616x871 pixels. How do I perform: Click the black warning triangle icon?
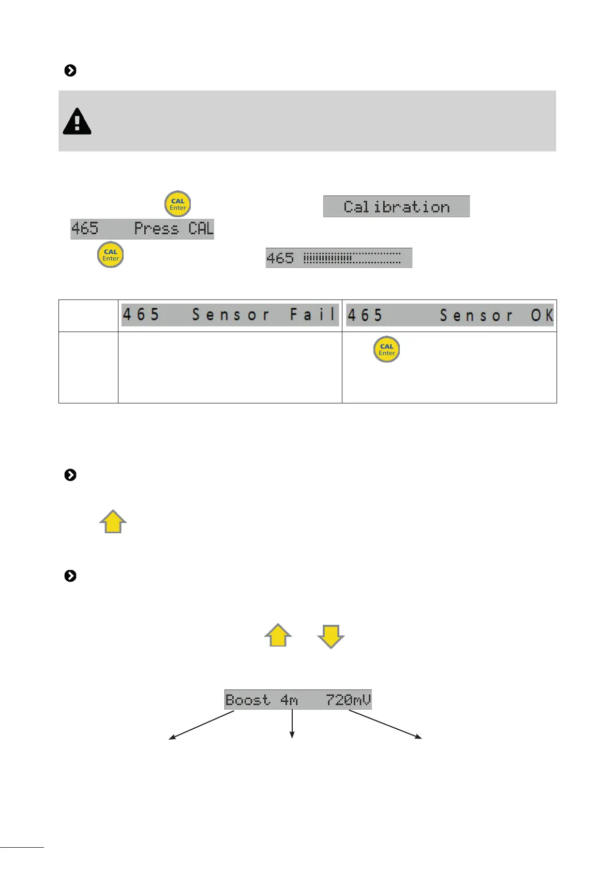point(77,122)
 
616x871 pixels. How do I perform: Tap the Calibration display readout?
point(396,207)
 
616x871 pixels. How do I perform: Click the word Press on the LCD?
point(156,229)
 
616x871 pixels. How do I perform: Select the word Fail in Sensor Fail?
point(313,314)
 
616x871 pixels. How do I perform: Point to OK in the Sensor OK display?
point(542,315)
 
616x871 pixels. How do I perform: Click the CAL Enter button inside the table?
point(386,350)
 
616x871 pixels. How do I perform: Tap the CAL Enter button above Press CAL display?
point(177,204)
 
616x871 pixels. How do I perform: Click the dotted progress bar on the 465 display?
point(352,258)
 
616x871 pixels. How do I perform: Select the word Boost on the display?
point(247,700)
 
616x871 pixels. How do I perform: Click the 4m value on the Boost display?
point(289,700)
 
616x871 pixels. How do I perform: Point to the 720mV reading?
point(348,700)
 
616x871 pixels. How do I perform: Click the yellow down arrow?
point(330,636)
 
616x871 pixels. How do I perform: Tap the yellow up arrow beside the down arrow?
point(278,635)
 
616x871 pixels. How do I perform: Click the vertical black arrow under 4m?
point(292,724)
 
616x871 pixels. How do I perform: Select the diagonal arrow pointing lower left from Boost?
point(202,725)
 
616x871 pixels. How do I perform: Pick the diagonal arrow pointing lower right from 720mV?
point(385,725)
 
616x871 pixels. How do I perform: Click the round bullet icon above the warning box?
point(70,70)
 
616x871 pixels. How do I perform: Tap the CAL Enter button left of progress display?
point(110,255)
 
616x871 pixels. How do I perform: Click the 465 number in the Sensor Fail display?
point(141,314)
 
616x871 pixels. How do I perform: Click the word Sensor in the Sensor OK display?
point(476,315)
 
